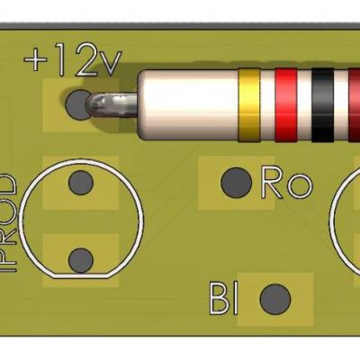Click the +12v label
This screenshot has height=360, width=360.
72,60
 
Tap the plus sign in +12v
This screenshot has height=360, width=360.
36,62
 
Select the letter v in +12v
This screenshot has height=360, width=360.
110,64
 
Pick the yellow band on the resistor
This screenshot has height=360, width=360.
249,106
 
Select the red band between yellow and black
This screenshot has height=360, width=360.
286,106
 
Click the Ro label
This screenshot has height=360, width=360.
284,184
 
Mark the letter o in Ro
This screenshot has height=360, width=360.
298,187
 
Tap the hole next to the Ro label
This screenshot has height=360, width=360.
236,182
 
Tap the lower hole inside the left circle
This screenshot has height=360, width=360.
81,260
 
